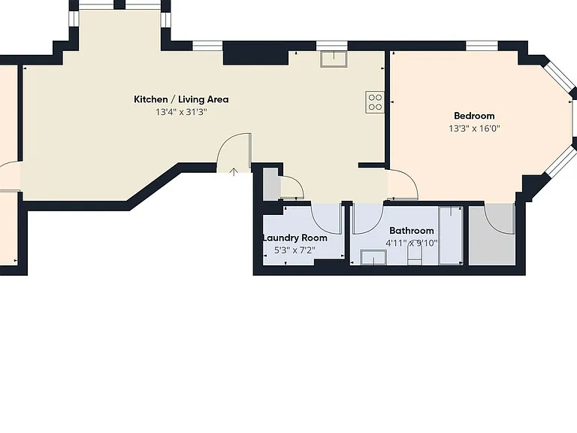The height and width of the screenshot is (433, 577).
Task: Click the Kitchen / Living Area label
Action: pos(181,99)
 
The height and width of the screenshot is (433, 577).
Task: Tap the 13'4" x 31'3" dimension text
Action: pos(181,112)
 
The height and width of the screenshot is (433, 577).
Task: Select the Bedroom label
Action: pos(474,116)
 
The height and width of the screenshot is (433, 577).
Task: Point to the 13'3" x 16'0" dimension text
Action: pos(474,129)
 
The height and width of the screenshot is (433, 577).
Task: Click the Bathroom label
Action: pos(412,231)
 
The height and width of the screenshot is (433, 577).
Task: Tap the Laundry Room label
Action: pos(295,238)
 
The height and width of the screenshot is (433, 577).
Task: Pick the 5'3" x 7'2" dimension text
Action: pos(295,250)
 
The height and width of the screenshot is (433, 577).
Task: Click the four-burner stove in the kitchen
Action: pos(375,102)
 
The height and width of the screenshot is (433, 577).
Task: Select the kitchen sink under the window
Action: pos(334,59)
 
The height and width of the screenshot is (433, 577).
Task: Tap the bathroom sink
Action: pos(373,257)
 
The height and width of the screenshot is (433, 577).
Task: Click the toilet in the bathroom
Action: pos(415,255)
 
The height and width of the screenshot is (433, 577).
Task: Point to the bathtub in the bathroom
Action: pos(451,235)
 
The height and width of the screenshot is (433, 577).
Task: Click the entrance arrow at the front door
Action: pos(234,171)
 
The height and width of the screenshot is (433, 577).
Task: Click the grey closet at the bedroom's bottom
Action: pos(492,235)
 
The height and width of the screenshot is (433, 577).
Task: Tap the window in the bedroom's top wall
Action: pos(482,46)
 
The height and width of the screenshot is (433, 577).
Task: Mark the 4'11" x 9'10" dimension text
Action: pos(412,244)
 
